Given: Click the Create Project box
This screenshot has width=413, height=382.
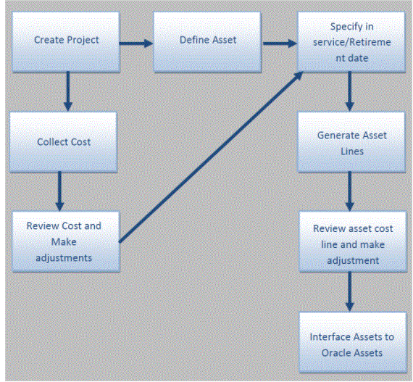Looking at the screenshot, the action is point(66,41).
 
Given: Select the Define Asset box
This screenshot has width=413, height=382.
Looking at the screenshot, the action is point(207,41).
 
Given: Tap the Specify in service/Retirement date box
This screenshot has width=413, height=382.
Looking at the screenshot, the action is point(351,41).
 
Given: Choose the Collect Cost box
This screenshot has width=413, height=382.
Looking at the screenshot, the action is point(63,142).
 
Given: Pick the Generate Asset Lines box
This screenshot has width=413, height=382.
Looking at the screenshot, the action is point(351,142).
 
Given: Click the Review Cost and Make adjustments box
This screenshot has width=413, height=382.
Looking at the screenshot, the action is point(66,241).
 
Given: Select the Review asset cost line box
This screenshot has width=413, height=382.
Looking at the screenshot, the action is point(353,241).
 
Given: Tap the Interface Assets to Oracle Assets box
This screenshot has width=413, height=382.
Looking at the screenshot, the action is point(353,342).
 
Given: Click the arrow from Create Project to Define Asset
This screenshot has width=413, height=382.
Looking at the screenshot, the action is point(136,43).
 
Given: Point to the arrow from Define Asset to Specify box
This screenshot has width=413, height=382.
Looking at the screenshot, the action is point(280,43).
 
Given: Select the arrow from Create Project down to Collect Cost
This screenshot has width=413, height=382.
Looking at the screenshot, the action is point(68,91).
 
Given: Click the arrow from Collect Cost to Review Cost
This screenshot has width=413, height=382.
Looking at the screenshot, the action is point(60,191).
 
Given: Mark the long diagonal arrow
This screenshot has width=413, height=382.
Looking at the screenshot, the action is point(211,157).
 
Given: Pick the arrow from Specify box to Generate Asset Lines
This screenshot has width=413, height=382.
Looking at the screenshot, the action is point(349,91).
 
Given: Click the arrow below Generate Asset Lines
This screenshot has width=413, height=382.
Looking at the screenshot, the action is point(349,191).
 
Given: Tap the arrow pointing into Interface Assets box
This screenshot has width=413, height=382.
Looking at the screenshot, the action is point(349,291).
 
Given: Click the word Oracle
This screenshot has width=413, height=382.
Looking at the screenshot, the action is point(333,353).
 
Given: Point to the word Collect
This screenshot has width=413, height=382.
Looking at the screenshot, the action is point(52,142).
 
